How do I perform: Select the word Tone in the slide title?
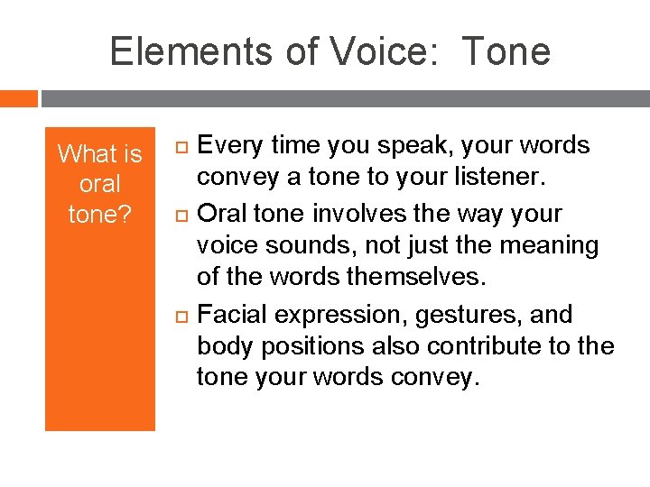(506, 52)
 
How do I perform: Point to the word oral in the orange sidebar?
(99, 184)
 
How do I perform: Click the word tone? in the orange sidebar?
(99, 215)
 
